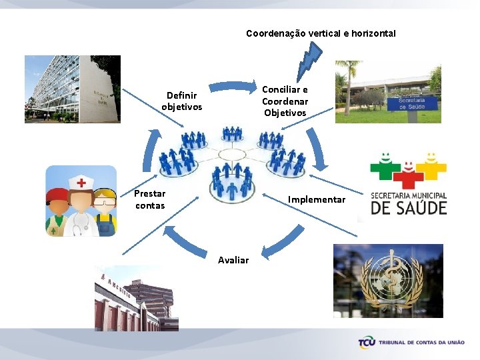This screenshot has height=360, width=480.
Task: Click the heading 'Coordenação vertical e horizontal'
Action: tap(321, 33)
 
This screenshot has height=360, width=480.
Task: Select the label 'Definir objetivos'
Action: tap(182, 101)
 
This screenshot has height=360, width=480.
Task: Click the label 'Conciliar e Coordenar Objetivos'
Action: tap(285, 101)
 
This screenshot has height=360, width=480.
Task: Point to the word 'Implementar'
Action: tap(317, 199)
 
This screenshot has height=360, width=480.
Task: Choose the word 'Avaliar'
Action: tap(233, 260)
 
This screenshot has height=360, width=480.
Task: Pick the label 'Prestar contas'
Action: tap(150, 199)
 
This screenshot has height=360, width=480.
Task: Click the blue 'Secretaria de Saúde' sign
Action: tap(417, 103)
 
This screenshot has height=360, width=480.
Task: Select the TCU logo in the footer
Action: tap(367, 343)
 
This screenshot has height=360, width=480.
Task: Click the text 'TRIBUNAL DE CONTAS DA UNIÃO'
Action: tap(421, 343)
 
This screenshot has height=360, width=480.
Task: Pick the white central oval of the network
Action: tap(231, 155)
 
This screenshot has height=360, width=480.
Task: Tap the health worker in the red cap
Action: tap(59, 211)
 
